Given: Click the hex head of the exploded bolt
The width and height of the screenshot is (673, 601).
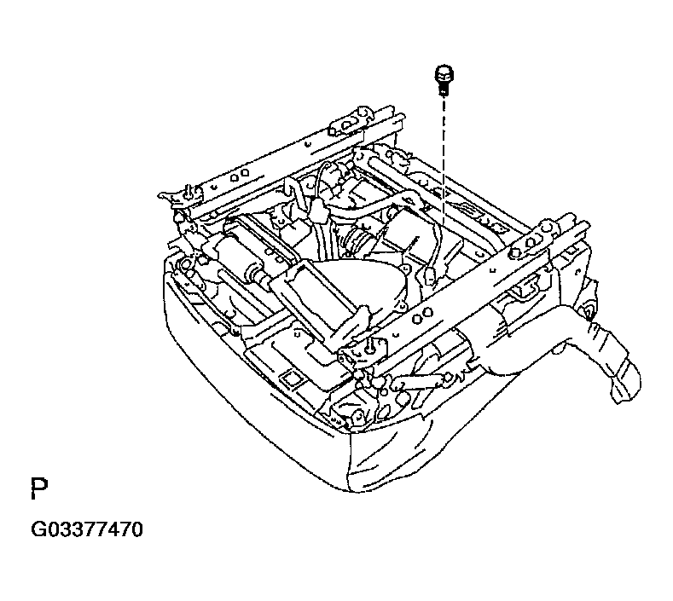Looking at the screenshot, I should point(444,71).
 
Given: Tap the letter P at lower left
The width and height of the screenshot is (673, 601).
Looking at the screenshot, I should point(38,488).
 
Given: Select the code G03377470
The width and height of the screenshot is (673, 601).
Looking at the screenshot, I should point(86,529).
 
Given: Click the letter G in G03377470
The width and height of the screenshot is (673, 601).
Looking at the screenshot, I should point(39,529).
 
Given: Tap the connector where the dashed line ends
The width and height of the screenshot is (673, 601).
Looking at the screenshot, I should point(432,274).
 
